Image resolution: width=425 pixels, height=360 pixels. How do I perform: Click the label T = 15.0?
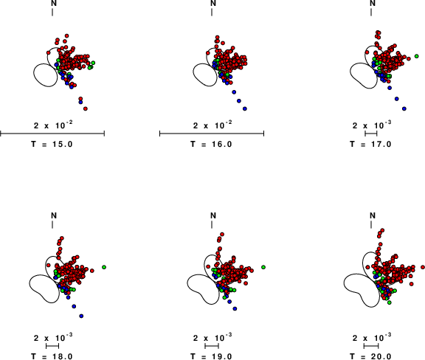point(52,144)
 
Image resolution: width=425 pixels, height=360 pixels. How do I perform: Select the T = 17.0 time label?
point(370,144)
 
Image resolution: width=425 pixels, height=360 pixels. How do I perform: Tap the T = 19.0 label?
point(211,356)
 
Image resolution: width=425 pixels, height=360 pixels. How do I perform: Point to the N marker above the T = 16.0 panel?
point(213,3)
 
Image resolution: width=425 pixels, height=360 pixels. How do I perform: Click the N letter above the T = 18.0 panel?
point(54,215)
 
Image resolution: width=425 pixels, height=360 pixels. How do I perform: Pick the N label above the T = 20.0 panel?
point(373,215)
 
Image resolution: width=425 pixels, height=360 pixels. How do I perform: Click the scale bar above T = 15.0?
point(52,134)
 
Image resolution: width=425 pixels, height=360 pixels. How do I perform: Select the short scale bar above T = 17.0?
point(371,134)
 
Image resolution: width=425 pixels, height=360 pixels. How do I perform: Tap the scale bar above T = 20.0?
point(371,346)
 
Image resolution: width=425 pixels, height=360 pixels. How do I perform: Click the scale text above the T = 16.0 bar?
point(212,125)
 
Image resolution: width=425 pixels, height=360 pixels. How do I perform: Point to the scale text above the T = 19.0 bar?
point(212,338)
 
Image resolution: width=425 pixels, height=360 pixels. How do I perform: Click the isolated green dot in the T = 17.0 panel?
point(417,56)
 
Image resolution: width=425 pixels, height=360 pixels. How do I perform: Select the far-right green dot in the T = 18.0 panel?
point(104,267)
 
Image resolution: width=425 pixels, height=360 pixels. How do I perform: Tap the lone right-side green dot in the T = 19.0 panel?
point(263,267)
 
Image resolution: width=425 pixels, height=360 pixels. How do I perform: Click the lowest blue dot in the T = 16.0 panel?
point(245,108)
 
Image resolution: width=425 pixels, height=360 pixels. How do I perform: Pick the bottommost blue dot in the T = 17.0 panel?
point(404,108)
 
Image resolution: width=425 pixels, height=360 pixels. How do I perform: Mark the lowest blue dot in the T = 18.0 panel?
point(81,316)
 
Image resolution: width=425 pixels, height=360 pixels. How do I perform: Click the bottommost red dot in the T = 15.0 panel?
point(86,108)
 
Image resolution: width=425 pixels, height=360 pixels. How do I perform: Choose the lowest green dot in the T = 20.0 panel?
point(390,302)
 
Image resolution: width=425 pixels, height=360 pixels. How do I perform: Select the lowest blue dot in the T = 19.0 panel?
point(235,308)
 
